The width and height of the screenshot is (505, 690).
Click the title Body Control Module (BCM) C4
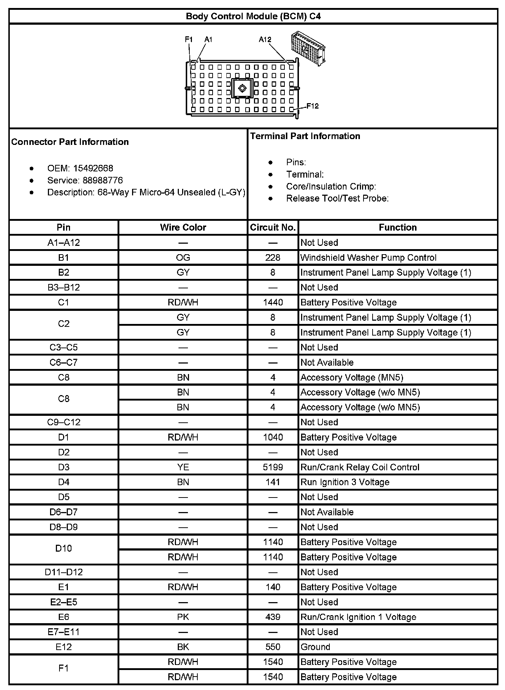pyautogui.click(x=253, y=16)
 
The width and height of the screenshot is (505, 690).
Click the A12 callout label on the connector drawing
pyautogui.click(x=265, y=40)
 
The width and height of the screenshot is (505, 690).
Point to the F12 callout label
pyautogui.click(x=312, y=106)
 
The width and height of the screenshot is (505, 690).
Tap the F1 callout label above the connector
pyautogui.click(x=189, y=39)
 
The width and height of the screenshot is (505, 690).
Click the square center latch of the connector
pyautogui.click(x=242, y=88)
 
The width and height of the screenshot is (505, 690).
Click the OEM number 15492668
pyautogui.click(x=93, y=169)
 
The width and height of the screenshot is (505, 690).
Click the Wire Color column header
pyautogui.click(x=183, y=227)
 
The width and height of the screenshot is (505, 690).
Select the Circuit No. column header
pyautogui.click(x=273, y=227)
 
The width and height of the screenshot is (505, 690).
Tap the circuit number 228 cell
pyautogui.click(x=273, y=257)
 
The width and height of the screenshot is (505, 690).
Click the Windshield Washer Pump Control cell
pyautogui.click(x=368, y=257)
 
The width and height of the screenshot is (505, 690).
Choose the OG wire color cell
pyautogui.click(x=183, y=257)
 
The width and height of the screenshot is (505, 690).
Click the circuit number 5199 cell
pyautogui.click(x=273, y=467)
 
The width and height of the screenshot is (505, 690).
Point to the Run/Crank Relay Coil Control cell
pyautogui.click(x=360, y=467)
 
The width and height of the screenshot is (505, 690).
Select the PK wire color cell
pyautogui.click(x=183, y=617)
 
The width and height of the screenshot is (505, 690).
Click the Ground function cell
pyautogui.click(x=315, y=647)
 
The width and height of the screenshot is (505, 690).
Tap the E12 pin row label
pyautogui.click(x=63, y=647)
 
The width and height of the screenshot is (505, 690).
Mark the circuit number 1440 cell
pyautogui.click(x=273, y=303)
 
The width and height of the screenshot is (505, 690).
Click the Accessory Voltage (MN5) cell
pyautogui.click(x=352, y=377)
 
